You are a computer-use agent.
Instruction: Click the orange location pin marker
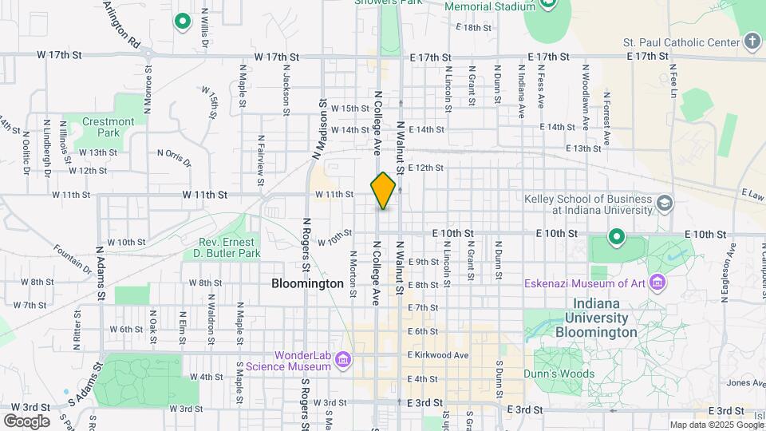(x=383, y=190)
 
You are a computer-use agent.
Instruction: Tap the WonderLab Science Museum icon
(x=344, y=361)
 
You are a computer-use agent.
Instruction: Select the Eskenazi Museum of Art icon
(x=657, y=282)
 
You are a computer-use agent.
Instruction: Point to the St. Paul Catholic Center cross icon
(x=752, y=41)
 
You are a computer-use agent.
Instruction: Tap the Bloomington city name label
(x=307, y=283)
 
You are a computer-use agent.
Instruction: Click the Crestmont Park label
(x=109, y=127)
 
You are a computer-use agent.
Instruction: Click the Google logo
(x=26, y=421)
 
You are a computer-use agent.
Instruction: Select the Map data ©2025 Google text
(x=716, y=425)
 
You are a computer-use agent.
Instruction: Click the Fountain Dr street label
(x=73, y=259)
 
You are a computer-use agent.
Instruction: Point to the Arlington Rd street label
(x=121, y=24)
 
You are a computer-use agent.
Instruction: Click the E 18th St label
(x=473, y=27)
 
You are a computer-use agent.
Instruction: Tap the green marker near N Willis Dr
(x=183, y=22)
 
